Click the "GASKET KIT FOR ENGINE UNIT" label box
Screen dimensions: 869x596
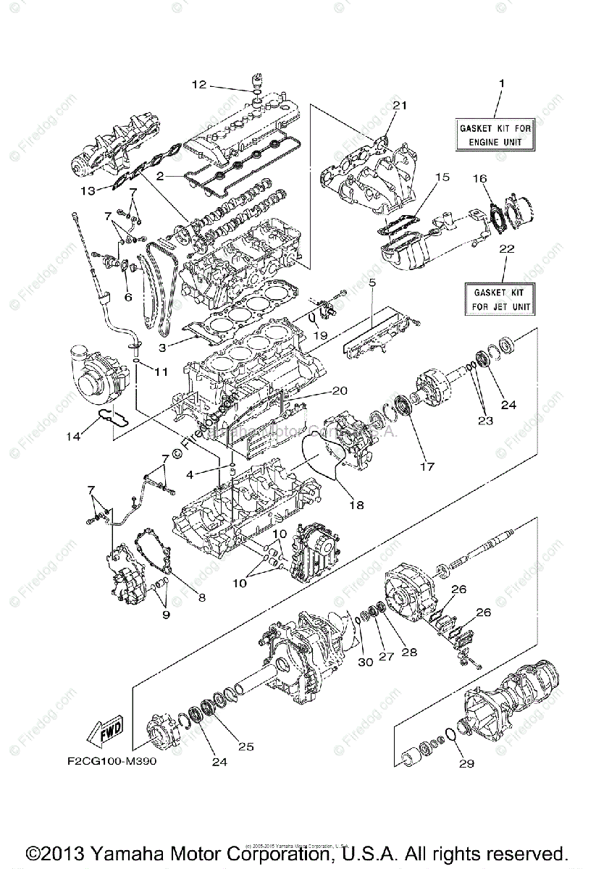pyautogui.click(x=495, y=135)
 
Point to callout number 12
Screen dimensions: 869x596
pyautogui.click(x=198, y=85)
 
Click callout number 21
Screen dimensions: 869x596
pyautogui.click(x=400, y=106)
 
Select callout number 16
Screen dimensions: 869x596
pyautogui.click(x=480, y=177)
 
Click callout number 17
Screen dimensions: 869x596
pyautogui.click(x=427, y=467)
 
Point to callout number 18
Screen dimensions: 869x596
pyautogui.click(x=358, y=505)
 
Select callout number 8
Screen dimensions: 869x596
pyautogui.click(x=201, y=597)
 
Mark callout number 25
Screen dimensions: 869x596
pyautogui.click(x=245, y=747)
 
